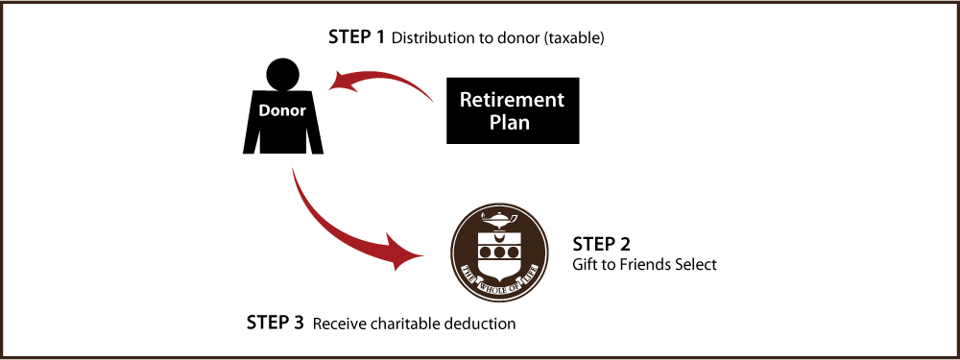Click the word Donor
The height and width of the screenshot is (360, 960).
[x=282, y=110]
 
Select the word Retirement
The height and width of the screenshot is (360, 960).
[x=512, y=100]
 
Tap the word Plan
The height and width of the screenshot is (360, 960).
[x=510, y=123]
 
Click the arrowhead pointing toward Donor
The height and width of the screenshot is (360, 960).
[x=339, y=84]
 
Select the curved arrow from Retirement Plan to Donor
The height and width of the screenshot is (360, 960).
[x=384, y=76]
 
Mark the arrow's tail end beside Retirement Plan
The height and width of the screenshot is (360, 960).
[x=431, y=99]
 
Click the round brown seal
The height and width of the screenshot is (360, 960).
[x=500, y=252]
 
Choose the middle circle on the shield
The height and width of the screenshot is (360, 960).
[x=500, y=252]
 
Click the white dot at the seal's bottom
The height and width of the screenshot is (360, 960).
[x=494, y=290]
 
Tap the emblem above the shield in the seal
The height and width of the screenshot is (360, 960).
[x=500, y=217]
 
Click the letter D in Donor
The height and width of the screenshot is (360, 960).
[x=264, y=110]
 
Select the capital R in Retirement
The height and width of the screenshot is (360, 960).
[x=467, y=100]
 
